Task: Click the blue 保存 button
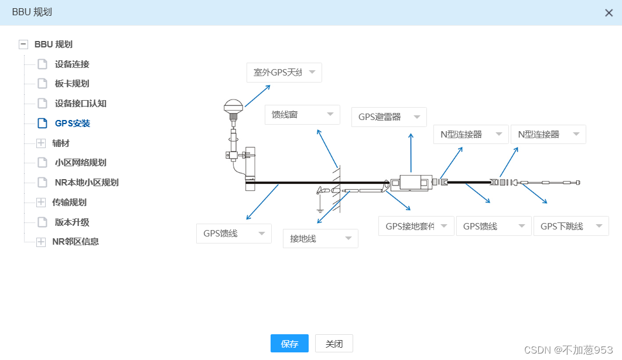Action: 289,344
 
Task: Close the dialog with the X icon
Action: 609,13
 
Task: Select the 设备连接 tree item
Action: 72,64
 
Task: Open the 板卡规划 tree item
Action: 72,84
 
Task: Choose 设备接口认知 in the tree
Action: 80,104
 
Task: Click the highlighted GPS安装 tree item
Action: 72,124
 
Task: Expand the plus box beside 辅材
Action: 41,143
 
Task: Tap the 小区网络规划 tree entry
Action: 80,163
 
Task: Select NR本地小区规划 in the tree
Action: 87,183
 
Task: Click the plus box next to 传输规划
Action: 41,203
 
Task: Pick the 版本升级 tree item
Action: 72,222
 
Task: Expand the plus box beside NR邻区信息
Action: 41,242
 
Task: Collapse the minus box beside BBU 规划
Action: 23,44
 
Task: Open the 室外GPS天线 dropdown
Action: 284,73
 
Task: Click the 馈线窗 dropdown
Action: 302,115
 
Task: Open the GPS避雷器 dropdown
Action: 389,117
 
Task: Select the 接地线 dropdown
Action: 320,238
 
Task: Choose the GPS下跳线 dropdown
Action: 571,226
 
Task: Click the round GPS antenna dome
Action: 233,107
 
